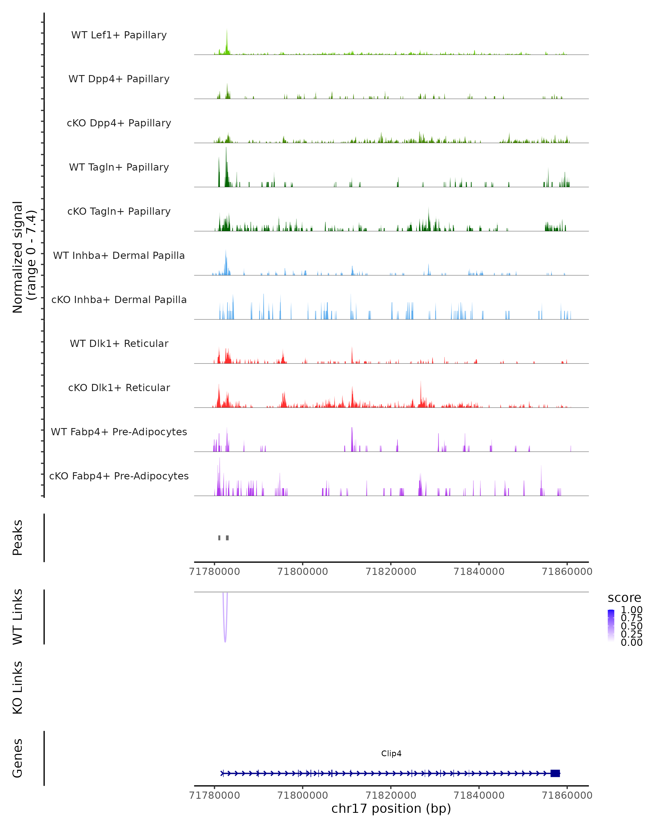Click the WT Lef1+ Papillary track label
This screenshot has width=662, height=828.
point(119,35)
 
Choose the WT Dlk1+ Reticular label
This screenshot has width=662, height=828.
point(119,343)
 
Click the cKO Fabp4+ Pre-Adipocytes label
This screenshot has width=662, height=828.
point(119,476)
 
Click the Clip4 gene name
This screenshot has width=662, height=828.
point(391,753)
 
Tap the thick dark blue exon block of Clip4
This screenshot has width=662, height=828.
point(555,773)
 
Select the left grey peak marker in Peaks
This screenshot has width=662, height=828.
point(219,538)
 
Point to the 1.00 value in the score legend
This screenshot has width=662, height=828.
point(631,610)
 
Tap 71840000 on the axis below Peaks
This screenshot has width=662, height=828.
point(479,572)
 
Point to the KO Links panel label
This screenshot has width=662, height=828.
point(18,688)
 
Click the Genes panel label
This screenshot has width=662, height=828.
point(18,758)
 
